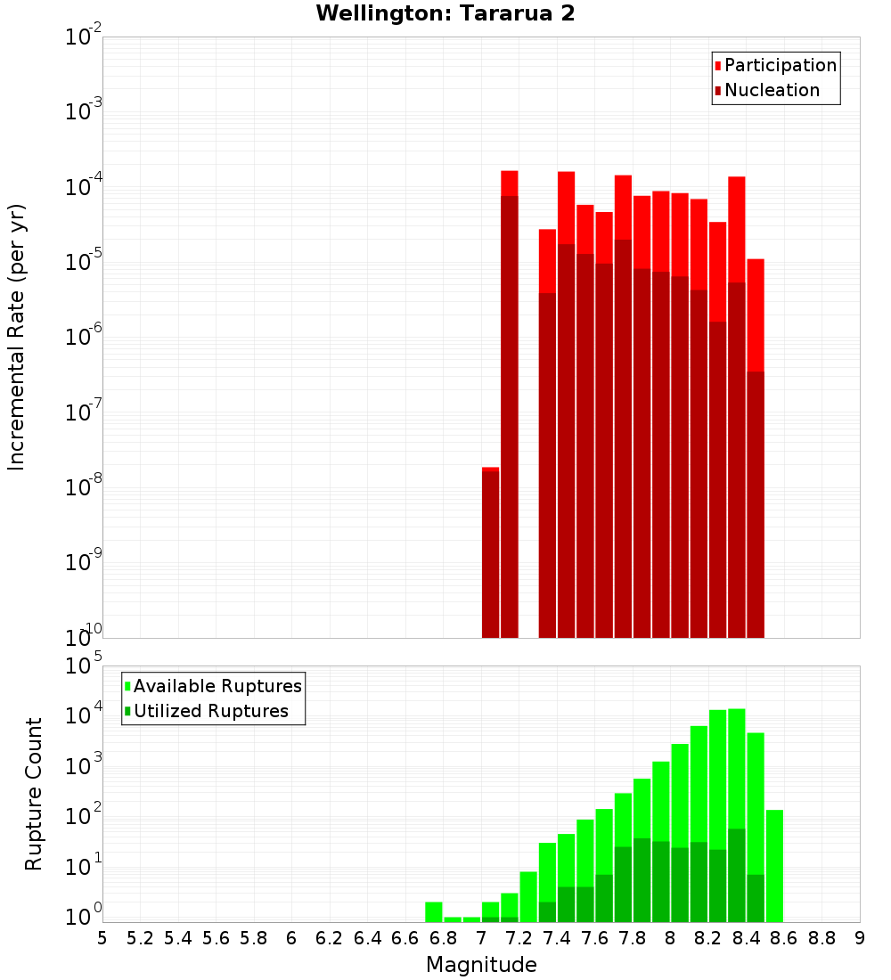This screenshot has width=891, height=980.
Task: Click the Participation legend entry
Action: click(x=781, y=65)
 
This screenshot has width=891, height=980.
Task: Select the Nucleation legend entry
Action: click(x=772, y=90)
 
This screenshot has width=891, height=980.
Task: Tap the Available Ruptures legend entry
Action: click(x=217, y=686)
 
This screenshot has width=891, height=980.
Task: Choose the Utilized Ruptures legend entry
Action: click(x=210, y=711)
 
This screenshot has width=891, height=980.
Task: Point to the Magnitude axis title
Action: click(x=481, y=965)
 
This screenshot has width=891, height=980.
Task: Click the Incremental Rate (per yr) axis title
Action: click(x=17, y=337)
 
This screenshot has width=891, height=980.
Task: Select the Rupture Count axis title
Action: click(x=34, y=794)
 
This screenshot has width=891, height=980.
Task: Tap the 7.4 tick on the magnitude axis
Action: click(x=557, y=938)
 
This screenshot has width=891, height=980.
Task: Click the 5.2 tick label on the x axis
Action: click(x=140, y=938)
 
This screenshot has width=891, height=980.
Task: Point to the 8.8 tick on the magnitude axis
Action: click(x=822, y=938)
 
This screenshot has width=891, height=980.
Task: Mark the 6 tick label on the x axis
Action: click(x=291, y=938)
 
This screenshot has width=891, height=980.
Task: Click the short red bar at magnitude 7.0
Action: click(x=490, y=552)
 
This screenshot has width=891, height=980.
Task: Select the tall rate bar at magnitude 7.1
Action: click(x=510, y=401)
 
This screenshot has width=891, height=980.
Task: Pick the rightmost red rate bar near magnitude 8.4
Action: click(x=756, y=445)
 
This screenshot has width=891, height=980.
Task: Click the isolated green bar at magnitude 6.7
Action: click(x=434, y=911)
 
